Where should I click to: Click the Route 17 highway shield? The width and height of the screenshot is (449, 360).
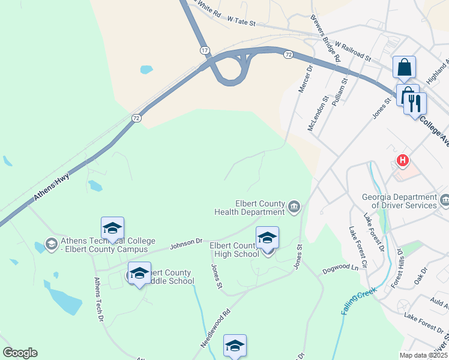coord(205,51)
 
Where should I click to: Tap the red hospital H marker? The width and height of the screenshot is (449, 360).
coord(403,161)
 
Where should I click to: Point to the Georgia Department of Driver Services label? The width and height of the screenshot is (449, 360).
coord(399,201)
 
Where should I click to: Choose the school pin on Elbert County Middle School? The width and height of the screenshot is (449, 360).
coord(139,273)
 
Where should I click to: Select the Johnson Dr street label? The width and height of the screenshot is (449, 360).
coord(186,242)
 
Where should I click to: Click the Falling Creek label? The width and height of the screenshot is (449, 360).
coord(358,301)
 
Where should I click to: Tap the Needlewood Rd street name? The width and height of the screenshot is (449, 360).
coord(216,329)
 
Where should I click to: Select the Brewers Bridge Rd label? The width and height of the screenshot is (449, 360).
coord(325,38)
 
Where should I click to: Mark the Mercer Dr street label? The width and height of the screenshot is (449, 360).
coord(306,79)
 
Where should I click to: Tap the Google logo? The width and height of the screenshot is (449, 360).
coord(20,353)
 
